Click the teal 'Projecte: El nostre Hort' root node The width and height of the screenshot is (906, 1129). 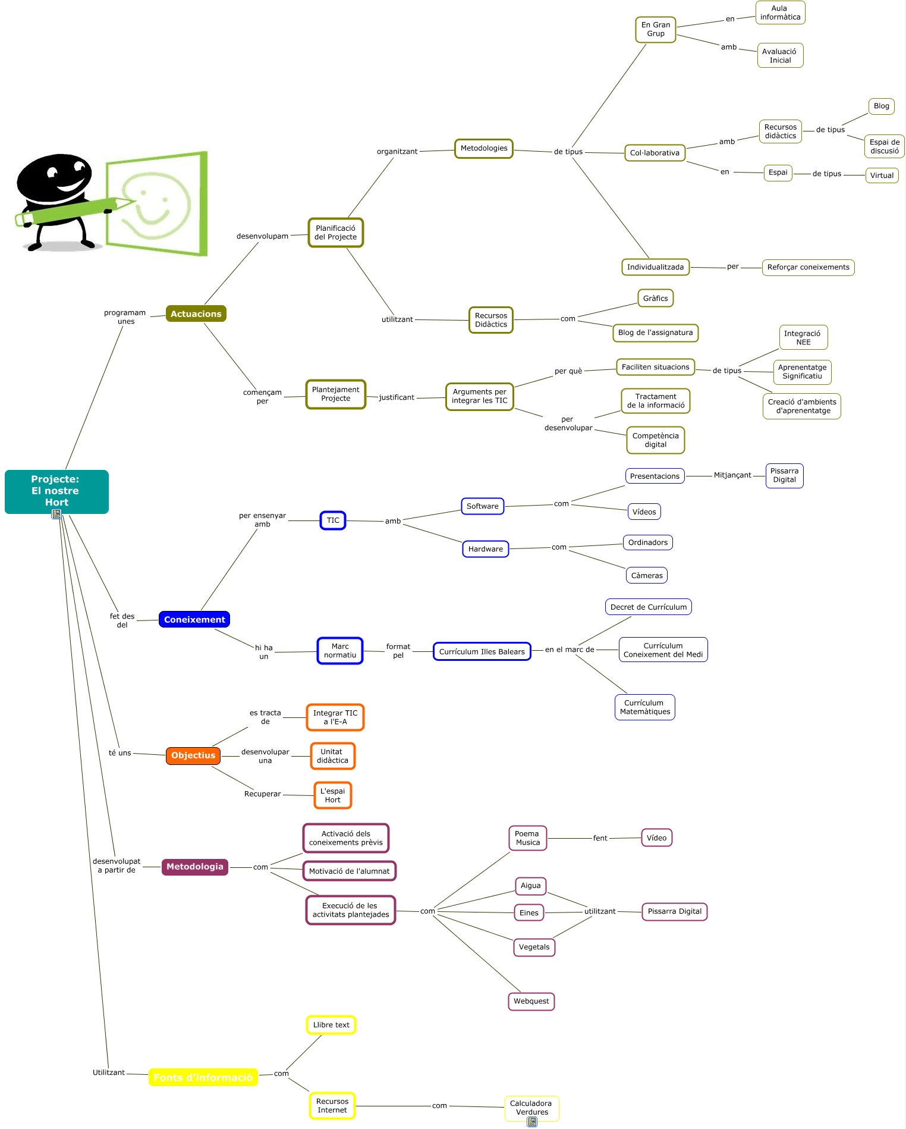pyautogui.click(x=56, y=491)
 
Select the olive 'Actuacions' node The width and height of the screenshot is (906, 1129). pyautogui.click(x=196, y=313)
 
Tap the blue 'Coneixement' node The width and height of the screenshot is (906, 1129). pyautogui.click(x=194, y=619)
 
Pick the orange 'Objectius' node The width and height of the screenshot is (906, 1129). pyautogui.click(x=193, y=755)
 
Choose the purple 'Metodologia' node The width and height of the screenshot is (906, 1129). pyautogui.click(x=195, y=867)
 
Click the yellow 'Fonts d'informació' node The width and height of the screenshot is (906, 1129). pyautogui.click(x=203, y=1077)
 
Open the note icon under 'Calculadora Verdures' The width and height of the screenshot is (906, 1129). pyautogui.click(x=532, y=1122)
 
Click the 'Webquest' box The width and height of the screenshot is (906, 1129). pyautogui.click(x=531, y=1001)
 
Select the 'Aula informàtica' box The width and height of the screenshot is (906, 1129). pyautogui.click(x=780, y=12)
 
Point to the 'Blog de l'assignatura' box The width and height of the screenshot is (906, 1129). pyautogui.click(x=655, y=333)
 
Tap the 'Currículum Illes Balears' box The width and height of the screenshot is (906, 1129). pyautogui.click(x=482, y=651)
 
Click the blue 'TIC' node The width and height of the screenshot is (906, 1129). pyautogui.click(x=333, y=520)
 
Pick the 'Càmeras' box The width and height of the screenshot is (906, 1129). pyautogui.click(x=647, y=575)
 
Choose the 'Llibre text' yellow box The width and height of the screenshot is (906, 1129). pyautogui.click(x=331, y=1025)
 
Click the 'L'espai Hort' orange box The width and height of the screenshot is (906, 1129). pyautogui.click(x=332, y=795)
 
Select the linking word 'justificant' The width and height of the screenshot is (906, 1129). pyautogui.click(x=397, y=397)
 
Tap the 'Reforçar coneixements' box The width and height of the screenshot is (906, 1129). pyautogui.click(x=808, y=267)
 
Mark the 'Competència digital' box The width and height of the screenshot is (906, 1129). pyautogui.click(x=655, y=440)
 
